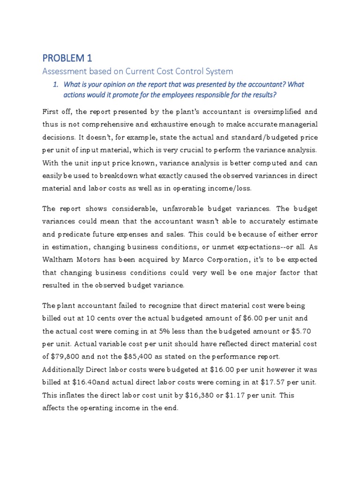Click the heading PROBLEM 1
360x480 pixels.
[67, 59]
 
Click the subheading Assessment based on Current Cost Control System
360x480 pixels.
[137, 72]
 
